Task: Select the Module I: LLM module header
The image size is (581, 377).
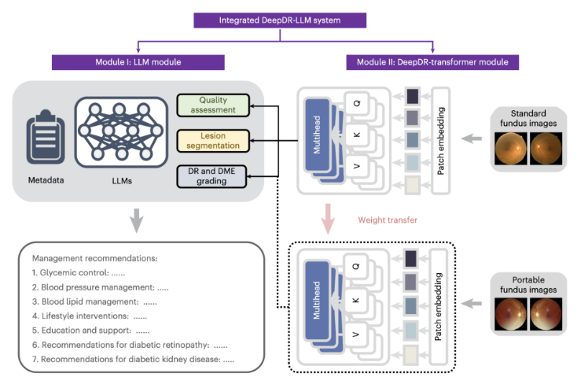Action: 139,61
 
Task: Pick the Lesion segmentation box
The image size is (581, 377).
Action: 212,142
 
